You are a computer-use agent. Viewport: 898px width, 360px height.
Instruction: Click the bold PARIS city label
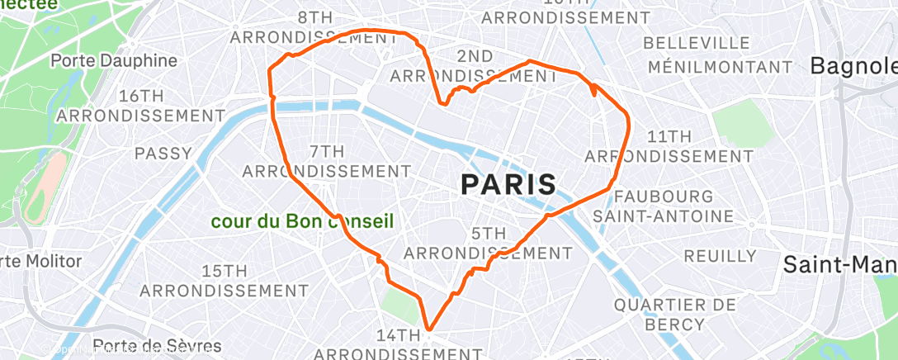[x=508, y=184]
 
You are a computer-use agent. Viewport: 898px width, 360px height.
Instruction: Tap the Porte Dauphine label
[x=114, y=60]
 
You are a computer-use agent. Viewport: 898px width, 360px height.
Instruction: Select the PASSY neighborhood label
[x=163, y=153]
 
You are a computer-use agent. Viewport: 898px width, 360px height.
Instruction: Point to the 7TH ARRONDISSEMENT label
[x=327, y=161]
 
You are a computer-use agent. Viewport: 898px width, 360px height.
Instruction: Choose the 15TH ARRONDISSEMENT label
[x=224, y=281]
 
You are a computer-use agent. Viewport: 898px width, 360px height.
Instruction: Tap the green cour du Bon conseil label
[x=302, y=221]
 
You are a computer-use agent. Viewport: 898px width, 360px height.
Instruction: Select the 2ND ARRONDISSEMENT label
[x=474, y=66]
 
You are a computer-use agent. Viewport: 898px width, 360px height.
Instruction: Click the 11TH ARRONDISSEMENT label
[x=657, y=145]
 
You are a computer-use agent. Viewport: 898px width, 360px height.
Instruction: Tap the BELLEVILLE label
[x=699, y=42]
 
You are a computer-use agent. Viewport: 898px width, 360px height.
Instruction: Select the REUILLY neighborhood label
[x=720, y=256]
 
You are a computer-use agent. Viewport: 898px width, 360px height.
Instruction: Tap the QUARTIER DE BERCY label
[x=674, y=315]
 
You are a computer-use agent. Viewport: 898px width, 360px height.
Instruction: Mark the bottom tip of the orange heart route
[x=428, y=329]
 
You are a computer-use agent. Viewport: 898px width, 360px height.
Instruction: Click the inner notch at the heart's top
[x=445, y=104]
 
